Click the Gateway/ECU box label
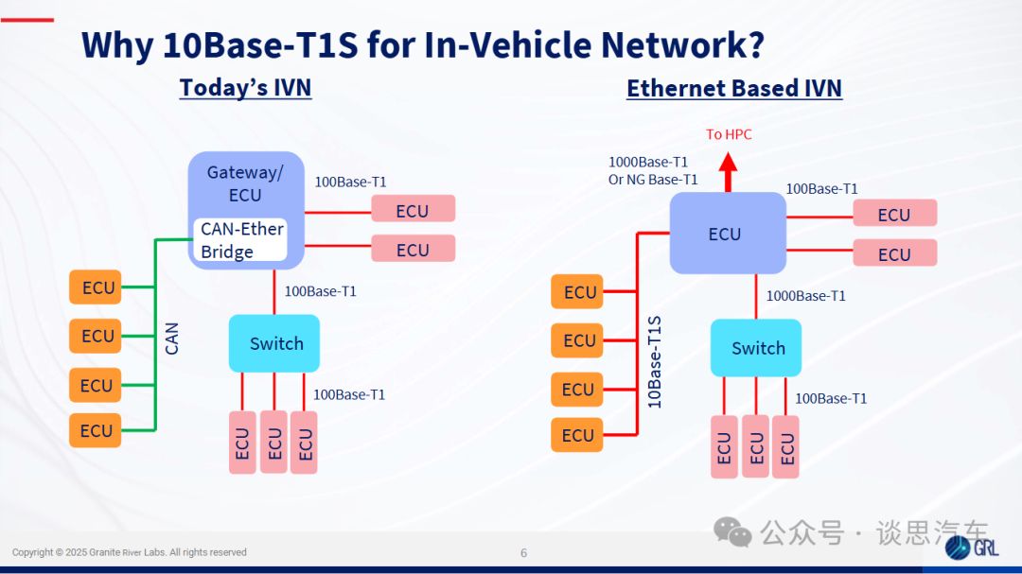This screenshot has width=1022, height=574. [x=245, y=183]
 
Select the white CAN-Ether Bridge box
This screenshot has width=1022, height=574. [x=240, y=240]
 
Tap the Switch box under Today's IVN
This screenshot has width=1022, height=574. [x=274, y=343]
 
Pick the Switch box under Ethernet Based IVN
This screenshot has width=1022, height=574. [x=756, y=348]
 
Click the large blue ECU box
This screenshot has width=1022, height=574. [x=728, y=234]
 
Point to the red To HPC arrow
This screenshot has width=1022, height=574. [x=728, y=172]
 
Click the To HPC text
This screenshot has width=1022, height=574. [x=729, y=134]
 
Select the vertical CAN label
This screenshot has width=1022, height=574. [x=171, y=339]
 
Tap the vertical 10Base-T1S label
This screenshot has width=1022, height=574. [x=655, y=362]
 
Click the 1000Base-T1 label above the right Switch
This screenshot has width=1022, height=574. [x=805, y=296]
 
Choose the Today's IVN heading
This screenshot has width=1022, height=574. [x=246, y=87]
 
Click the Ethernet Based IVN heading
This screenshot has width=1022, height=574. [x=734, y=88]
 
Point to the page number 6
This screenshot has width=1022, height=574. [x=523, y=553]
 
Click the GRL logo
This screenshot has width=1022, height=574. [x=972, y=548]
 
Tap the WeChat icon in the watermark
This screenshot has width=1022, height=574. [x=732, y=532]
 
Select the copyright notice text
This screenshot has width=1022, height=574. [x=129, y=552]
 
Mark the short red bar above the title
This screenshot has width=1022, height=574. [x=27, y=20]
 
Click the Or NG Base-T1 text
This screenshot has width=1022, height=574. [x=653, y=179]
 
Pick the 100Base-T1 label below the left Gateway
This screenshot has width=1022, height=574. [x=320, y=291]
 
